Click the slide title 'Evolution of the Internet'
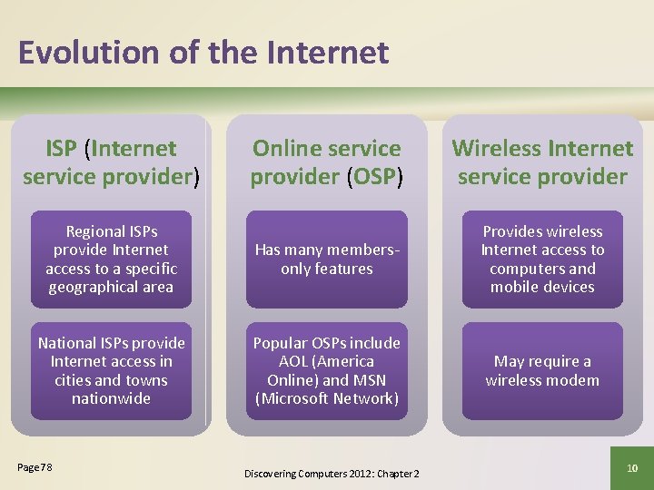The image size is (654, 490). coord(203,53)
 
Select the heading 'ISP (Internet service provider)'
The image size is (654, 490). coord(111,162)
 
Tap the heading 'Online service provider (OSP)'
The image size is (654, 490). coord(326,162)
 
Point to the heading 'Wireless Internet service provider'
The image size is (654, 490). coord(542,162)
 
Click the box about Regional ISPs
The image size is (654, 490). coord(111,260)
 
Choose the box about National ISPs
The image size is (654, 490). coord(111,370)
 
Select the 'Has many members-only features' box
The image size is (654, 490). coord(326,260)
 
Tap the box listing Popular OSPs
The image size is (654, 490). coord(326,370)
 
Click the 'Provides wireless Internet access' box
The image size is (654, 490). coord(542,260)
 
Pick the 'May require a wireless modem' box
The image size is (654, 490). coord(542,370)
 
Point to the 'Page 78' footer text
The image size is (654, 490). coord(35,467)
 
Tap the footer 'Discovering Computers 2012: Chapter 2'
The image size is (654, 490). coord(332,474)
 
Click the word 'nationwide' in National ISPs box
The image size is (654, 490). coord(111,398)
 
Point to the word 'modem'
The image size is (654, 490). coord(578,380)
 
